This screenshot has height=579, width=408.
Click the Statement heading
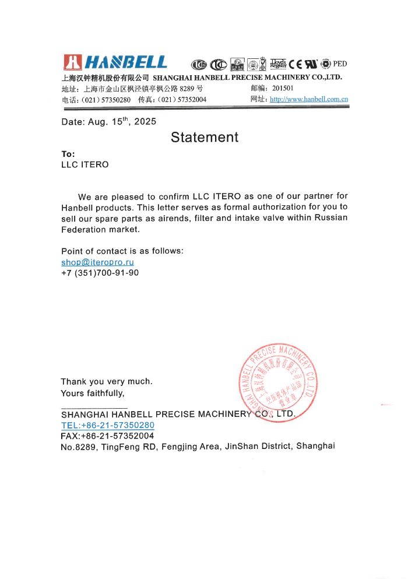point(205,137)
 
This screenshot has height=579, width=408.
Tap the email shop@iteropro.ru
point(97,262)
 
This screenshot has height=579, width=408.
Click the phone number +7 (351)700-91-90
point(100,272)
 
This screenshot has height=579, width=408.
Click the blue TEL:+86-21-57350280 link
point(108,425)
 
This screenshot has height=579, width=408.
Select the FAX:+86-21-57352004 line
point(107,436)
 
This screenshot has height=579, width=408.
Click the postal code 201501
point(284,89)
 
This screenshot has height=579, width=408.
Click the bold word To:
point(68,154)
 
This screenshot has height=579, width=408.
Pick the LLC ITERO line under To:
point(85,164)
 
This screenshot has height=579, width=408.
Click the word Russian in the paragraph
point(331,217)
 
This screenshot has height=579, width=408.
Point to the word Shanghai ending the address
point(315,446)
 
